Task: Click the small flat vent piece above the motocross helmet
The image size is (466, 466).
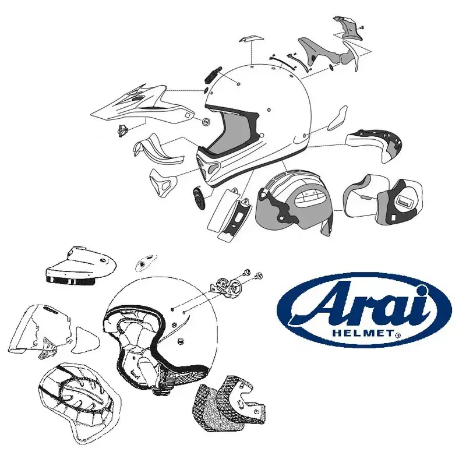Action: click(249, 40)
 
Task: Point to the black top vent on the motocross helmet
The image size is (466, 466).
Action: click(212, 75)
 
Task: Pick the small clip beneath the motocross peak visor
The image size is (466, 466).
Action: click(122, 130)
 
